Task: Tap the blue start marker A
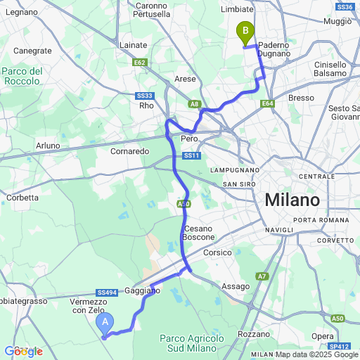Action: point(105,323)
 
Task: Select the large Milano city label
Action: point(292,200)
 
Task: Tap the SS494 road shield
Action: point(107,292)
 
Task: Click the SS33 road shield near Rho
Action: point(145,95)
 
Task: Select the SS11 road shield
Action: point(191,155)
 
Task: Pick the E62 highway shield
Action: point(139,62)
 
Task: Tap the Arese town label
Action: point(185,79)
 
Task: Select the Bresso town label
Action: point(301,97)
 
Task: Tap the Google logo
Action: point(23,352)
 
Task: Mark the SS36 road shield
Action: point(345,7)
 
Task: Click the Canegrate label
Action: point(32,51)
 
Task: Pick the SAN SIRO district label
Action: point(238,184)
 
